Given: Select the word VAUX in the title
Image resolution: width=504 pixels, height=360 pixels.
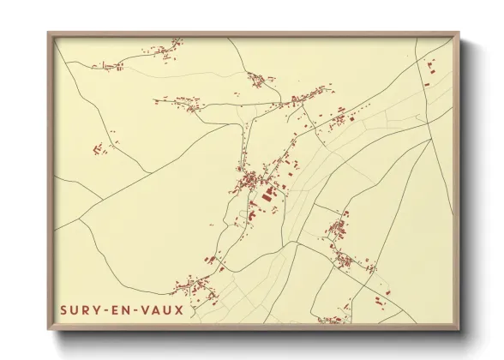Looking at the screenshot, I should coord(162,309).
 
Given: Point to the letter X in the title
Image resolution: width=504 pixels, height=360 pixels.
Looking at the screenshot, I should coord(178,309).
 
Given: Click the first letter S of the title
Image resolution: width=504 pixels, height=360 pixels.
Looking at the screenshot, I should coord(64,309).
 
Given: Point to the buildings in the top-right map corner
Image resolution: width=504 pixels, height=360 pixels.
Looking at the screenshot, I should coord(429,72).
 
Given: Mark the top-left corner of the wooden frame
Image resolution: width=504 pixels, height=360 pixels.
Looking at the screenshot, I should coord(48,33).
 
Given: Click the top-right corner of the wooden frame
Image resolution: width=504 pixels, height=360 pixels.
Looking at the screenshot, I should coord(458,33).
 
